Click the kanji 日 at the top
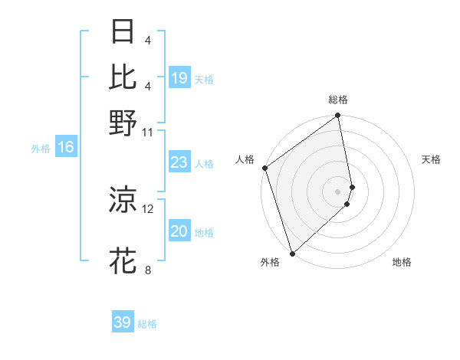[x=123, y=32]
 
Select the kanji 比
[x=123, y=77]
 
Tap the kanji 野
[x=123, y=123]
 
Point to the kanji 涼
[x=123, y=199]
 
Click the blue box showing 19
[x=179, y=78]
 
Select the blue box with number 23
[x=179, y=163]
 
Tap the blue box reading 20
[x=179, y=232]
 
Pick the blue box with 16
[x=66, y=148]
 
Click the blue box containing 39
[x=123, y=322]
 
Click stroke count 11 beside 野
[x=148, y=133]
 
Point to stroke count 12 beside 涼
[x=148, y=208]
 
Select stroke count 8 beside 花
[x=148, y=270]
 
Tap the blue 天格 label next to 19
[x=204, y=79]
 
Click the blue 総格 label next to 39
[x=147, y=324]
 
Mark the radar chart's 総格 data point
[x=338, y=116]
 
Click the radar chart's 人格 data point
[x=264, y=168]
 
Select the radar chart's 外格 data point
[x=292, y=253]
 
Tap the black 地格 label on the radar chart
[x=402, y=263]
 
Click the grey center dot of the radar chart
[x=338, y=191]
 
